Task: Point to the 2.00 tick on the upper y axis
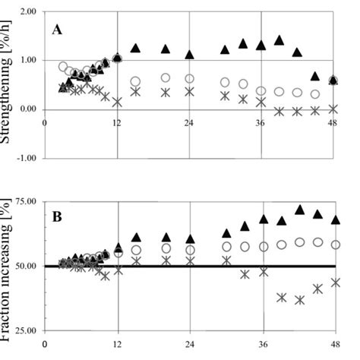click(x=27, y=13)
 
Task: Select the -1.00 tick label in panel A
click(x=26, y=158)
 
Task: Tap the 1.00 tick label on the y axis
click(x=27, y=61)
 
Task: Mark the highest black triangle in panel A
click(x=279, y=40)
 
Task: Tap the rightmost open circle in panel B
click(x=334, y=245)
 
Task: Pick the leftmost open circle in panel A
click(x=63, y=67)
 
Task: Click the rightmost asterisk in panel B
click(x=334, y=282)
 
